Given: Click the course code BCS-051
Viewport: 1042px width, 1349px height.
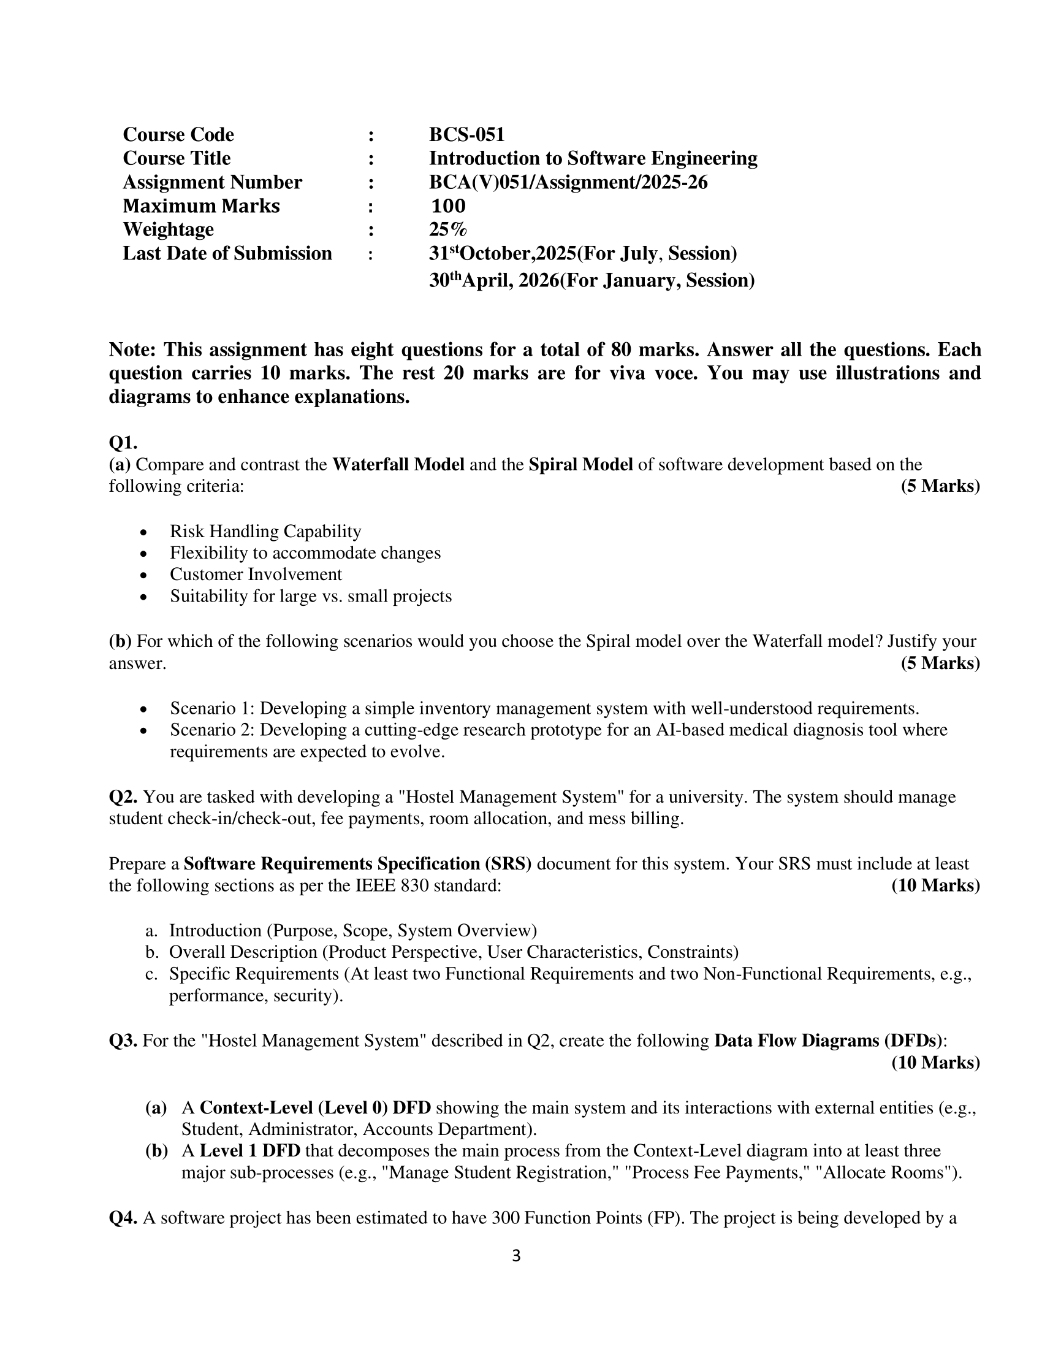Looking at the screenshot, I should coord(466,135).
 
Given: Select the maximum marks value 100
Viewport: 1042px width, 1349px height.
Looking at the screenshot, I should coord(448,205).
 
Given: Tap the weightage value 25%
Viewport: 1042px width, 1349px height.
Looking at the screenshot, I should coord(448,229).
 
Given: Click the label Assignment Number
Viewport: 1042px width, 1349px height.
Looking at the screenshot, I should coord(212,182).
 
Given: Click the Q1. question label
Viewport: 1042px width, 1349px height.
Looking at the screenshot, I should coord(123,442).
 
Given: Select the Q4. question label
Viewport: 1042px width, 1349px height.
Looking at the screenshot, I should coord(123,1218).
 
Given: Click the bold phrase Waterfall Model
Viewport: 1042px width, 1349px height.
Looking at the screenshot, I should coord(398,465).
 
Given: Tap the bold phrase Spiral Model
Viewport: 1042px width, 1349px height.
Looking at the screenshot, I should coord(580,465).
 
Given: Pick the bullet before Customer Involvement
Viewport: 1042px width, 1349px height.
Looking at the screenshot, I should coord(144,575).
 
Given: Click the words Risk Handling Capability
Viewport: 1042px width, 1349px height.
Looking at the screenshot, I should coord(265,531).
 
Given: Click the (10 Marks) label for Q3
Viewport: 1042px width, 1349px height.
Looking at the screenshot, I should coord(935,1063).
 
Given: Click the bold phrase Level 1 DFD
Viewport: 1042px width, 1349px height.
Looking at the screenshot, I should coord(249,1151).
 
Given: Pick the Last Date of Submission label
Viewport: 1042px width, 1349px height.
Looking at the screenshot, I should coord(227,253).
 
